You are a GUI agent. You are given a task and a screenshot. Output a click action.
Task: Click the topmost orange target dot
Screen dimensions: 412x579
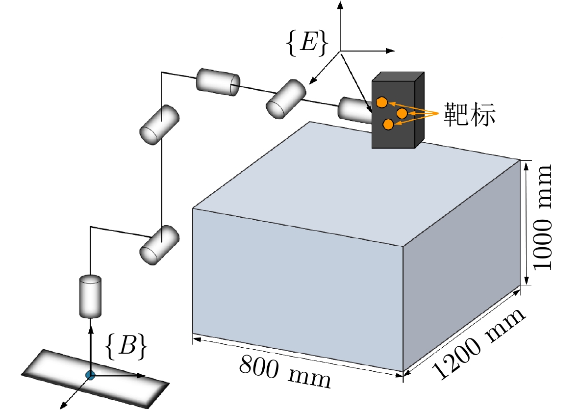382,102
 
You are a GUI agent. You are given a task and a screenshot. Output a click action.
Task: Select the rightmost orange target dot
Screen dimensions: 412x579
402,114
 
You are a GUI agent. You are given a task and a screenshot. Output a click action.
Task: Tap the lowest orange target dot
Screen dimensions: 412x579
388,125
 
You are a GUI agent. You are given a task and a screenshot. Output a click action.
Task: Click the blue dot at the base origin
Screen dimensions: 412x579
90,375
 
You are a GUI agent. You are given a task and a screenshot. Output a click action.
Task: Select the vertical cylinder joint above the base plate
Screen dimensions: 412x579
90,296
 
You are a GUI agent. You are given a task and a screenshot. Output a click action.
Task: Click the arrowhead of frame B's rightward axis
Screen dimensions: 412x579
143,376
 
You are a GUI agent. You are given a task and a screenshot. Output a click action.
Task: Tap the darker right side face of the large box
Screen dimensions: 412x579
461,265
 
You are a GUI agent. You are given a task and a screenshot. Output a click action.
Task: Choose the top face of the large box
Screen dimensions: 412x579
353,181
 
